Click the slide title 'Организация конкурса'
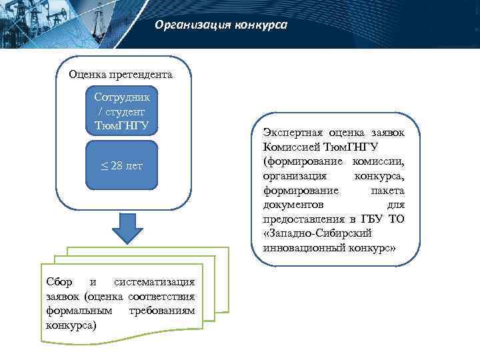pyautogui.click(x=221, y=25)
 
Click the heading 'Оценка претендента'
pyautogui.click(x=121, y=74)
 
